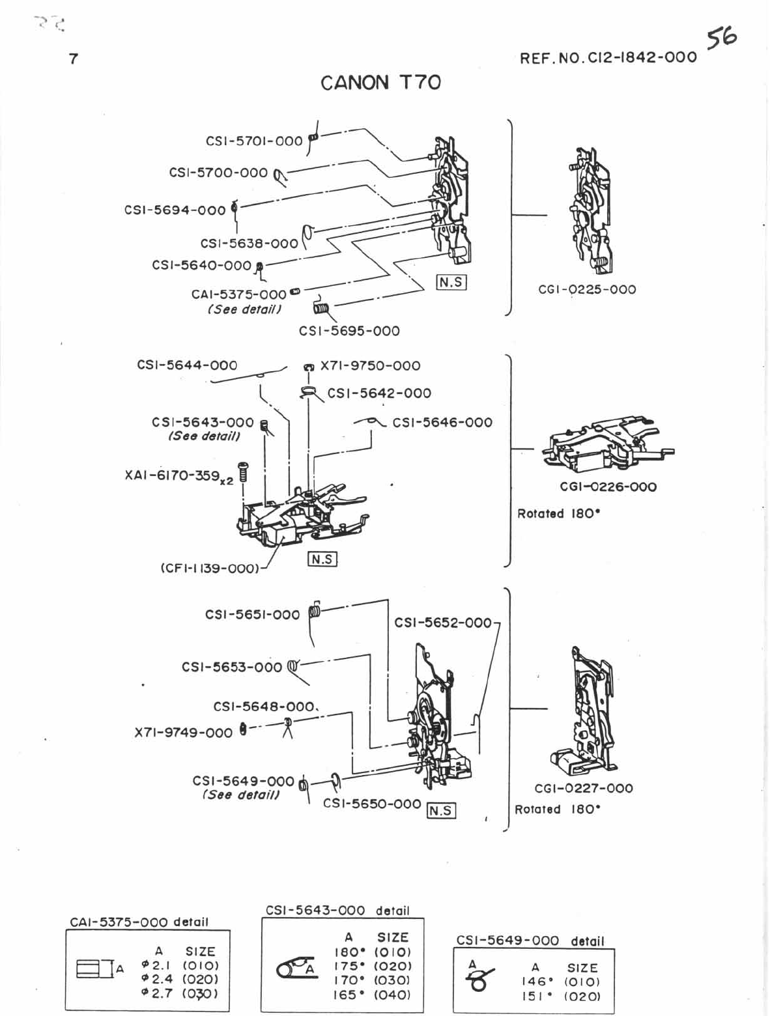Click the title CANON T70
click(380, 83)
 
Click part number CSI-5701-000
click(254, 141)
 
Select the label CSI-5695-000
click(349, 331)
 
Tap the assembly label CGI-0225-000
click(587, 289)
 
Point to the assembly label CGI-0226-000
click(608, 487)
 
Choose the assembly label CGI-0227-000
click(584, 788)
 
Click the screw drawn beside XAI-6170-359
click(243, 470)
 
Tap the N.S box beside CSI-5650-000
click(440, 810)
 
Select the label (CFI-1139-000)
click(210, 568)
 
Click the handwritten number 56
click(722, 38)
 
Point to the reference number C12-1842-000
click(608, 57)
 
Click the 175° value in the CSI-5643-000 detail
click(349, 967)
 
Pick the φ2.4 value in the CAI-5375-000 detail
click(157, 979)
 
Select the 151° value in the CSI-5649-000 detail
click(536, 996)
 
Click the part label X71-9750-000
click(370, 365)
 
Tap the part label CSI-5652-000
click(443, 623)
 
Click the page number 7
click(74, 59)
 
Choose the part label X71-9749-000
click(183, 733)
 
